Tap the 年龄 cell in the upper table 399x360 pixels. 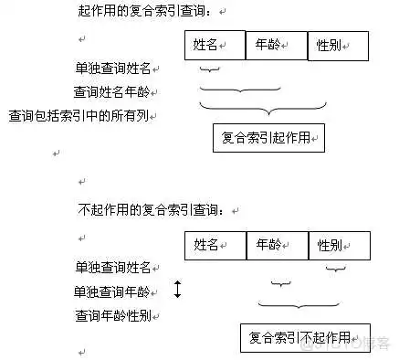(x=278, y=45)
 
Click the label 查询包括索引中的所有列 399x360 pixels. (x=83, y=116)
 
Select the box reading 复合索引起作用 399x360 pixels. (x=268, y=137)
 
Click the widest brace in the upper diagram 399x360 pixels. (x=274, y=110)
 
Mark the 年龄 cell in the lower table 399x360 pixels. (x=278, y=245)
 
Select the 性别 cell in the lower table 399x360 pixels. (x=340, y=245)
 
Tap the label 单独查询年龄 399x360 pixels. (x=115, y=291)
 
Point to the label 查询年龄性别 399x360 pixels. (x=115, y=316)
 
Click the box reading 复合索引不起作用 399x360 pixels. (x=306, y=336)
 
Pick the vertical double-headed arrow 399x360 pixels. (x=178, y=291)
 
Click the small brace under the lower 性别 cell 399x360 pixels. (x=336, y=270)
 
